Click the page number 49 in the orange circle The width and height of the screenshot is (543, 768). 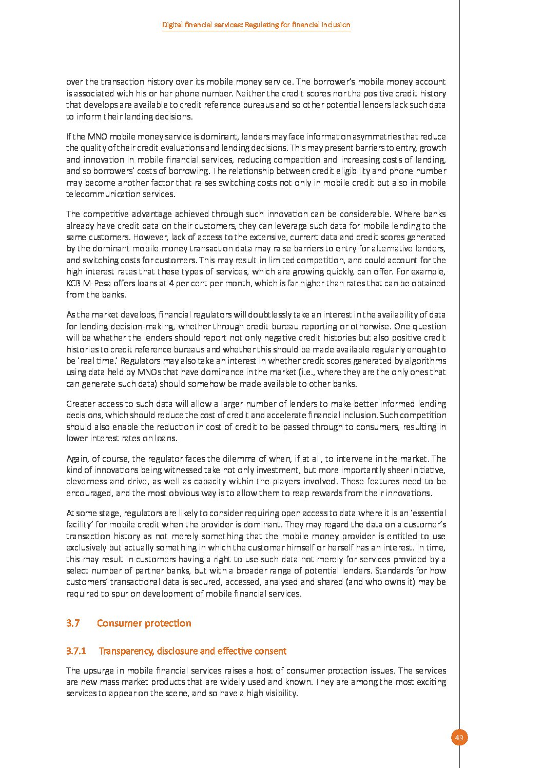[x=459, y=738]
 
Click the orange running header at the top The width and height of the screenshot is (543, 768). [x=256, y=25]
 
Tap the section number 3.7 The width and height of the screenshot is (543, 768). [x=73, y=623]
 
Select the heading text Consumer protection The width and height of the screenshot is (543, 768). [x=144, y=623]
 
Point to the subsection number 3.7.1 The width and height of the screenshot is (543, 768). [x=75, y=651]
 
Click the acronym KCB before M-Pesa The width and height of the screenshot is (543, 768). [x=74, y=283]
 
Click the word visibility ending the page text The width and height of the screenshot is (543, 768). [x=280, y=694]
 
